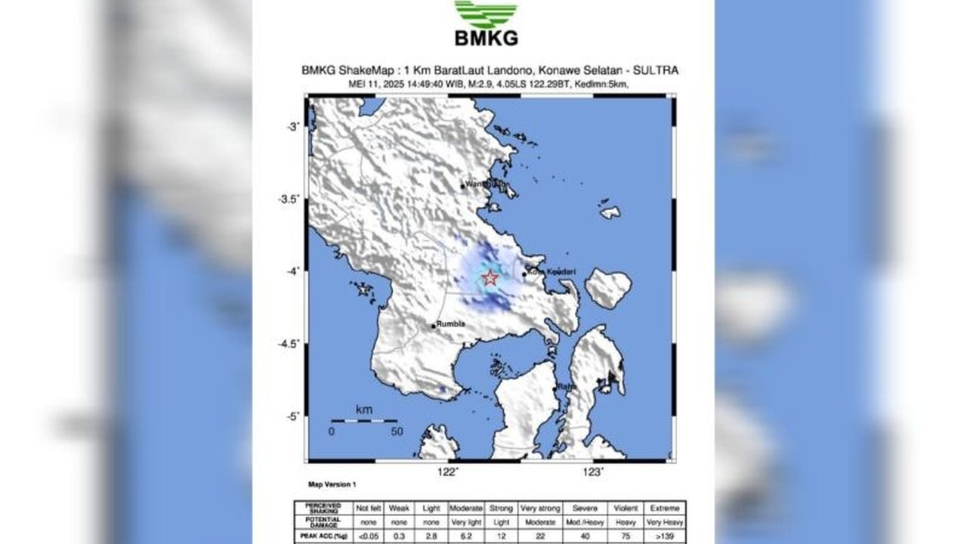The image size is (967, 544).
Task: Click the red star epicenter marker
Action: (x=490, y=278)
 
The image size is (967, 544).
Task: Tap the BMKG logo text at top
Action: (x=486, y=38)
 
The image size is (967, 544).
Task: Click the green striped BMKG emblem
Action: (x=486, y=14)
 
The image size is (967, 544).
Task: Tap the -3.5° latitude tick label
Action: (x=290, y=199)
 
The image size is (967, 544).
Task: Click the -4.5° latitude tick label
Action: (x=290, y=345)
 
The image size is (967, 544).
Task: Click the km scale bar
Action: (x=363, y=421)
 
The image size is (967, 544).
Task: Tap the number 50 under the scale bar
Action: (x=397, y=431)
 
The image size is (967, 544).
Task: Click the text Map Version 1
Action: (x=332, y=484)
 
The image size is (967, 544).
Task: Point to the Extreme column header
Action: (x=667, y=508)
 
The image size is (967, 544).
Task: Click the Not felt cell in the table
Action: (x=369, y=508)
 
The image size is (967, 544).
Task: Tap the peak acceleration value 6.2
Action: (x=465, y=534)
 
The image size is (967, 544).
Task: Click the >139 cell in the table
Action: (x=667, y=534)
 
